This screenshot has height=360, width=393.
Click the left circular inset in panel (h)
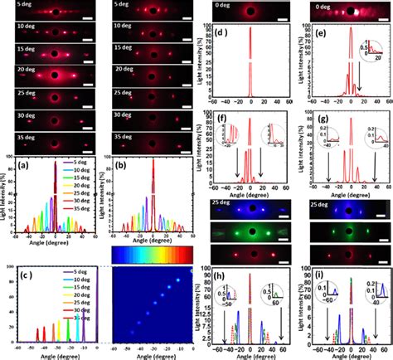tap(212, 294)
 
